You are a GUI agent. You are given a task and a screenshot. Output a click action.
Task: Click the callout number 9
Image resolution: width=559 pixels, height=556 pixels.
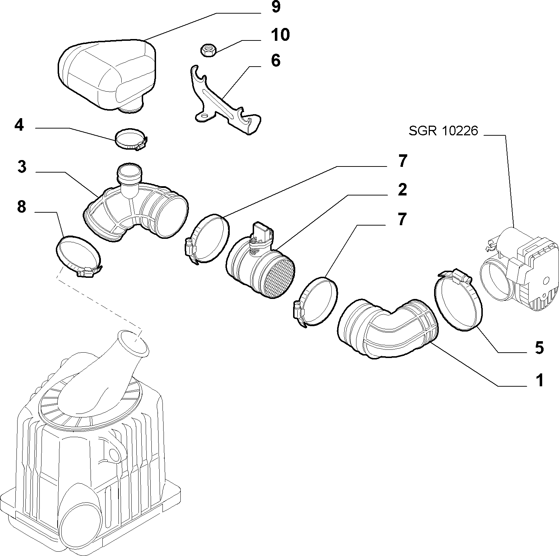[x=276, y=7]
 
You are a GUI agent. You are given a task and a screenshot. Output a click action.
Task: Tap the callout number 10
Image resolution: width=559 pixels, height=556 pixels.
[x=280, y=35]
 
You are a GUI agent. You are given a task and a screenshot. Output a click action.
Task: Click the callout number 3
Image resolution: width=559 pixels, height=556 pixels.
[x=22, y=167]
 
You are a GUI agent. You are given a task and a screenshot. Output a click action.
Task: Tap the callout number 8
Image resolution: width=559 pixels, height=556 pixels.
[x=22, y=207]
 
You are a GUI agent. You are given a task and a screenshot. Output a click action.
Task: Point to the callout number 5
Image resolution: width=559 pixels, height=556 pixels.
[x=539, y=348]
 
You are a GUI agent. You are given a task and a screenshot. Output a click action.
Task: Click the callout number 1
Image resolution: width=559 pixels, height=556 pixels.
[x=539, y=380]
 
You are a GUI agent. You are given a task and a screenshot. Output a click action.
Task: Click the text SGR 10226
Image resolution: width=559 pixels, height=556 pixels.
[x=443, y=131]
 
